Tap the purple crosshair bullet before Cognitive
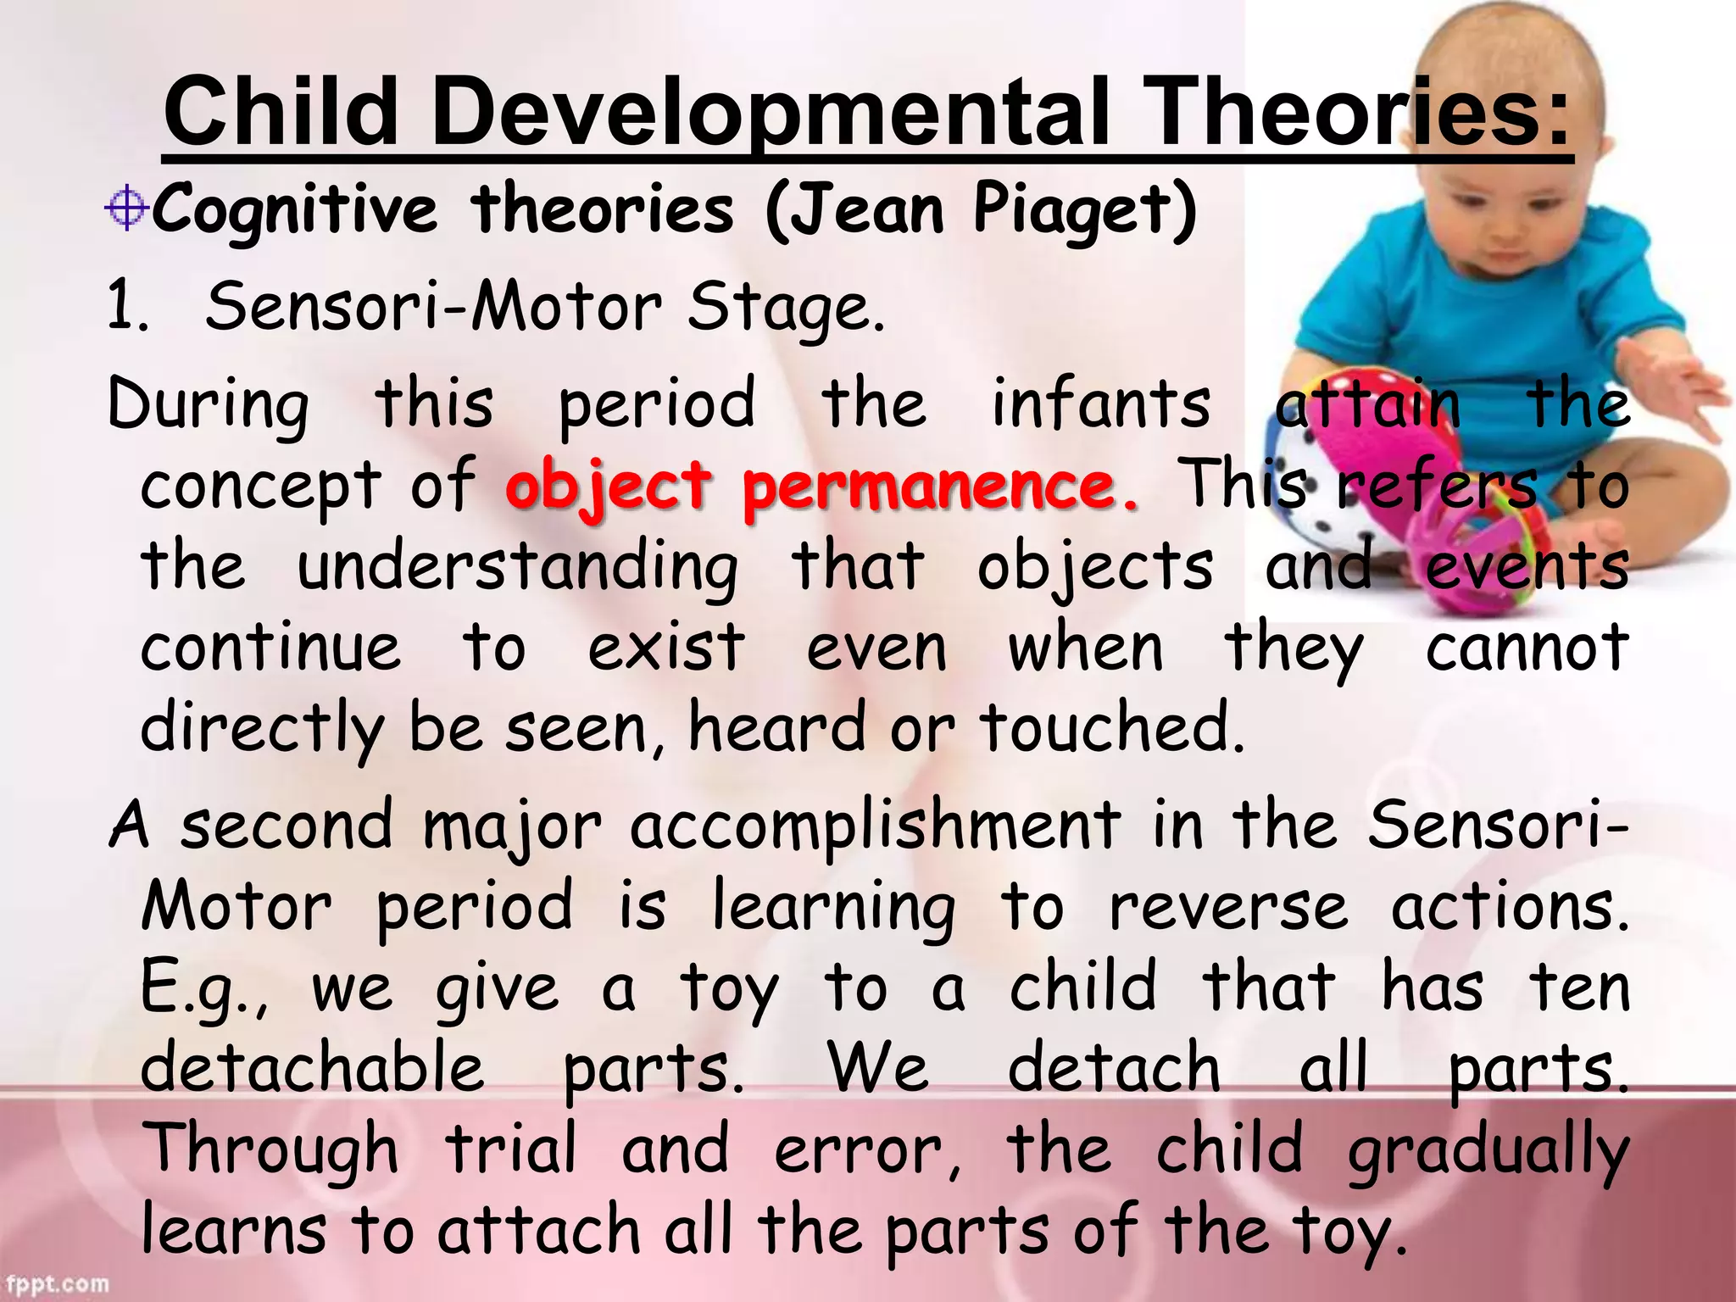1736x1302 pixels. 127,207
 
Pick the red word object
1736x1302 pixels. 609,487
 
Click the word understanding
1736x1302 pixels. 517,568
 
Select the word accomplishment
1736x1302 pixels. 876,826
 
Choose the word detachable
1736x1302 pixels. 312,1068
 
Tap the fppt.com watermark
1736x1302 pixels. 56,1283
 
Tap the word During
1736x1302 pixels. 209,405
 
